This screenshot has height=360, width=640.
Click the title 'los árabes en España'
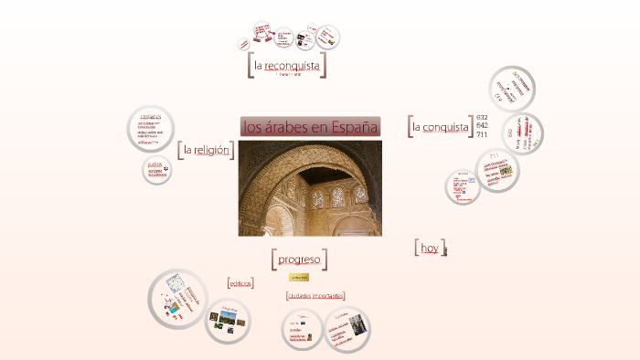pyautogui.click(x=310, y=127)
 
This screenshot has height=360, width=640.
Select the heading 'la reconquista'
pyautogui.click(x=287, y=66)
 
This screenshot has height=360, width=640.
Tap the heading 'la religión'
pyautogui.click(x=206, y=149)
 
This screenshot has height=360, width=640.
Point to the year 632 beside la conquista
pyautogui.click(x=482, y=118)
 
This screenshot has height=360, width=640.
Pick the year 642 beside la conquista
pyautogui.click(x=482, y=126)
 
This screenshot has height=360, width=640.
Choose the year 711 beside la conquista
pyautogui.click(x=482, y=134)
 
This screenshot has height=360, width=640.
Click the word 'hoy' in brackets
pyautogui.click(x=430, y=248)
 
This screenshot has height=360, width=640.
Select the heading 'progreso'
pyautogui.click(x=299, y=259)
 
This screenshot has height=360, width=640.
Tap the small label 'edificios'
pyautogui.click(x=240, y=282)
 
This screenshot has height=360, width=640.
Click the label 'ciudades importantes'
pyautogui.click(x=315, y=295)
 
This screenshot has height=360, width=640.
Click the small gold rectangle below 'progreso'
pyautogui.click(x=299, y=277)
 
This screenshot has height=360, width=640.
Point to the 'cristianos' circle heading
pyautogui.click(x=151, y=117)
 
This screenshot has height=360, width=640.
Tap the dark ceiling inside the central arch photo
pyautogui.click(x=322, y=174)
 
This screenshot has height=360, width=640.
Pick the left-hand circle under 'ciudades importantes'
pyautogui.click(x=303, y=330)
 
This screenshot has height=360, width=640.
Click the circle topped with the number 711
pyautogui.click(x=497, y=170)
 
